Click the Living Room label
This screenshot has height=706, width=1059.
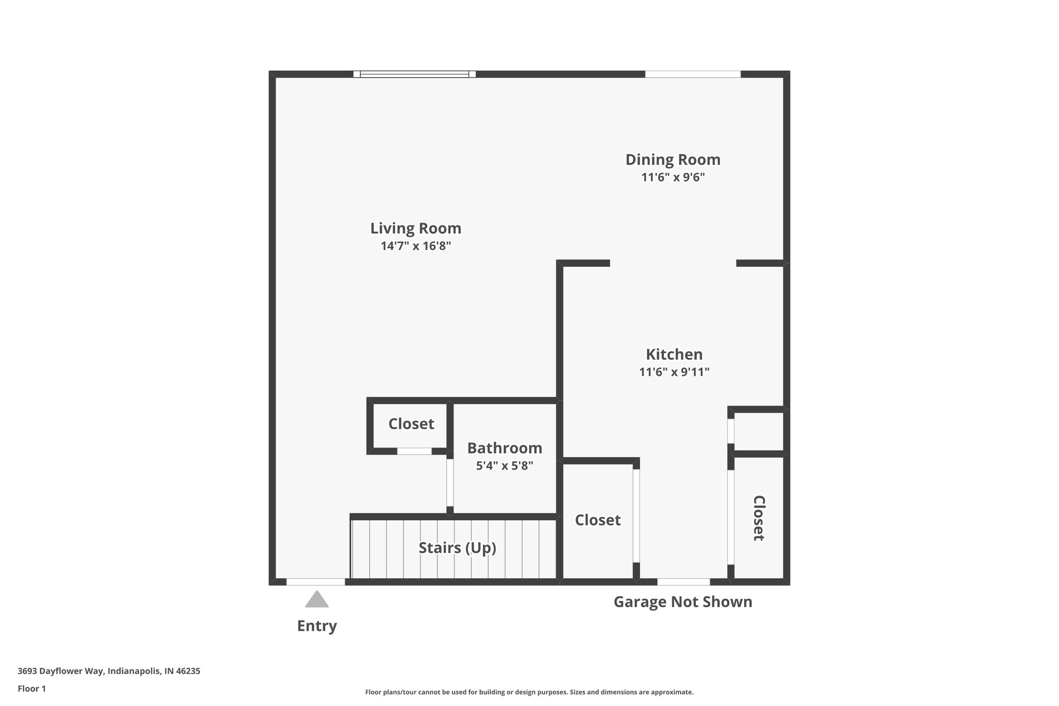click(x=415, y=228)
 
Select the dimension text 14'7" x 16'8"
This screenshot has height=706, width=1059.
click(x=416, y=246)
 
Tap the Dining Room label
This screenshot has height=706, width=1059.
click(x=673, y=159)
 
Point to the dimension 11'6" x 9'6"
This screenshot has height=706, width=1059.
click(x=673, y=177)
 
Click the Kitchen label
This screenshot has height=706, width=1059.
click(x=674, y=354)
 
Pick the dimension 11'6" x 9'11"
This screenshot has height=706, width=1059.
click(x=674, y=372)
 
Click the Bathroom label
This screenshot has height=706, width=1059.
click(x=504, y=448)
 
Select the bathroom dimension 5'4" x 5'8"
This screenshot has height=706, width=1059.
click(x=504, y=465)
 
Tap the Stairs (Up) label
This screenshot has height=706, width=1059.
click(x=457, y=548)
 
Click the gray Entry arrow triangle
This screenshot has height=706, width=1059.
click(x=316, y=599)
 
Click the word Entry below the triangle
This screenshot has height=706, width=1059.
click(x=316, y=626)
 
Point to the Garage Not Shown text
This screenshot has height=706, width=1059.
click(x=683, y=602)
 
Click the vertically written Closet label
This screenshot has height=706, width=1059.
click(x=758, y=518)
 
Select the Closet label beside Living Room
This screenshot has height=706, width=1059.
click(x=411, y=424)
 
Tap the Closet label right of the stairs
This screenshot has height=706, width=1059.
click(x=597, y=520)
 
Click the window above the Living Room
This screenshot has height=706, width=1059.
click(x=414, y=74)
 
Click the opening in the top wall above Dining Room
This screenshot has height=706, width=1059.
click(x=692, y=74)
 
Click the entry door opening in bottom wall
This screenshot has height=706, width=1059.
click(x=315, y=582)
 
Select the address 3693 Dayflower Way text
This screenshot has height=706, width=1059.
click(x=109, y=671)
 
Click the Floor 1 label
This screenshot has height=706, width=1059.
click(x=32, y=689)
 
